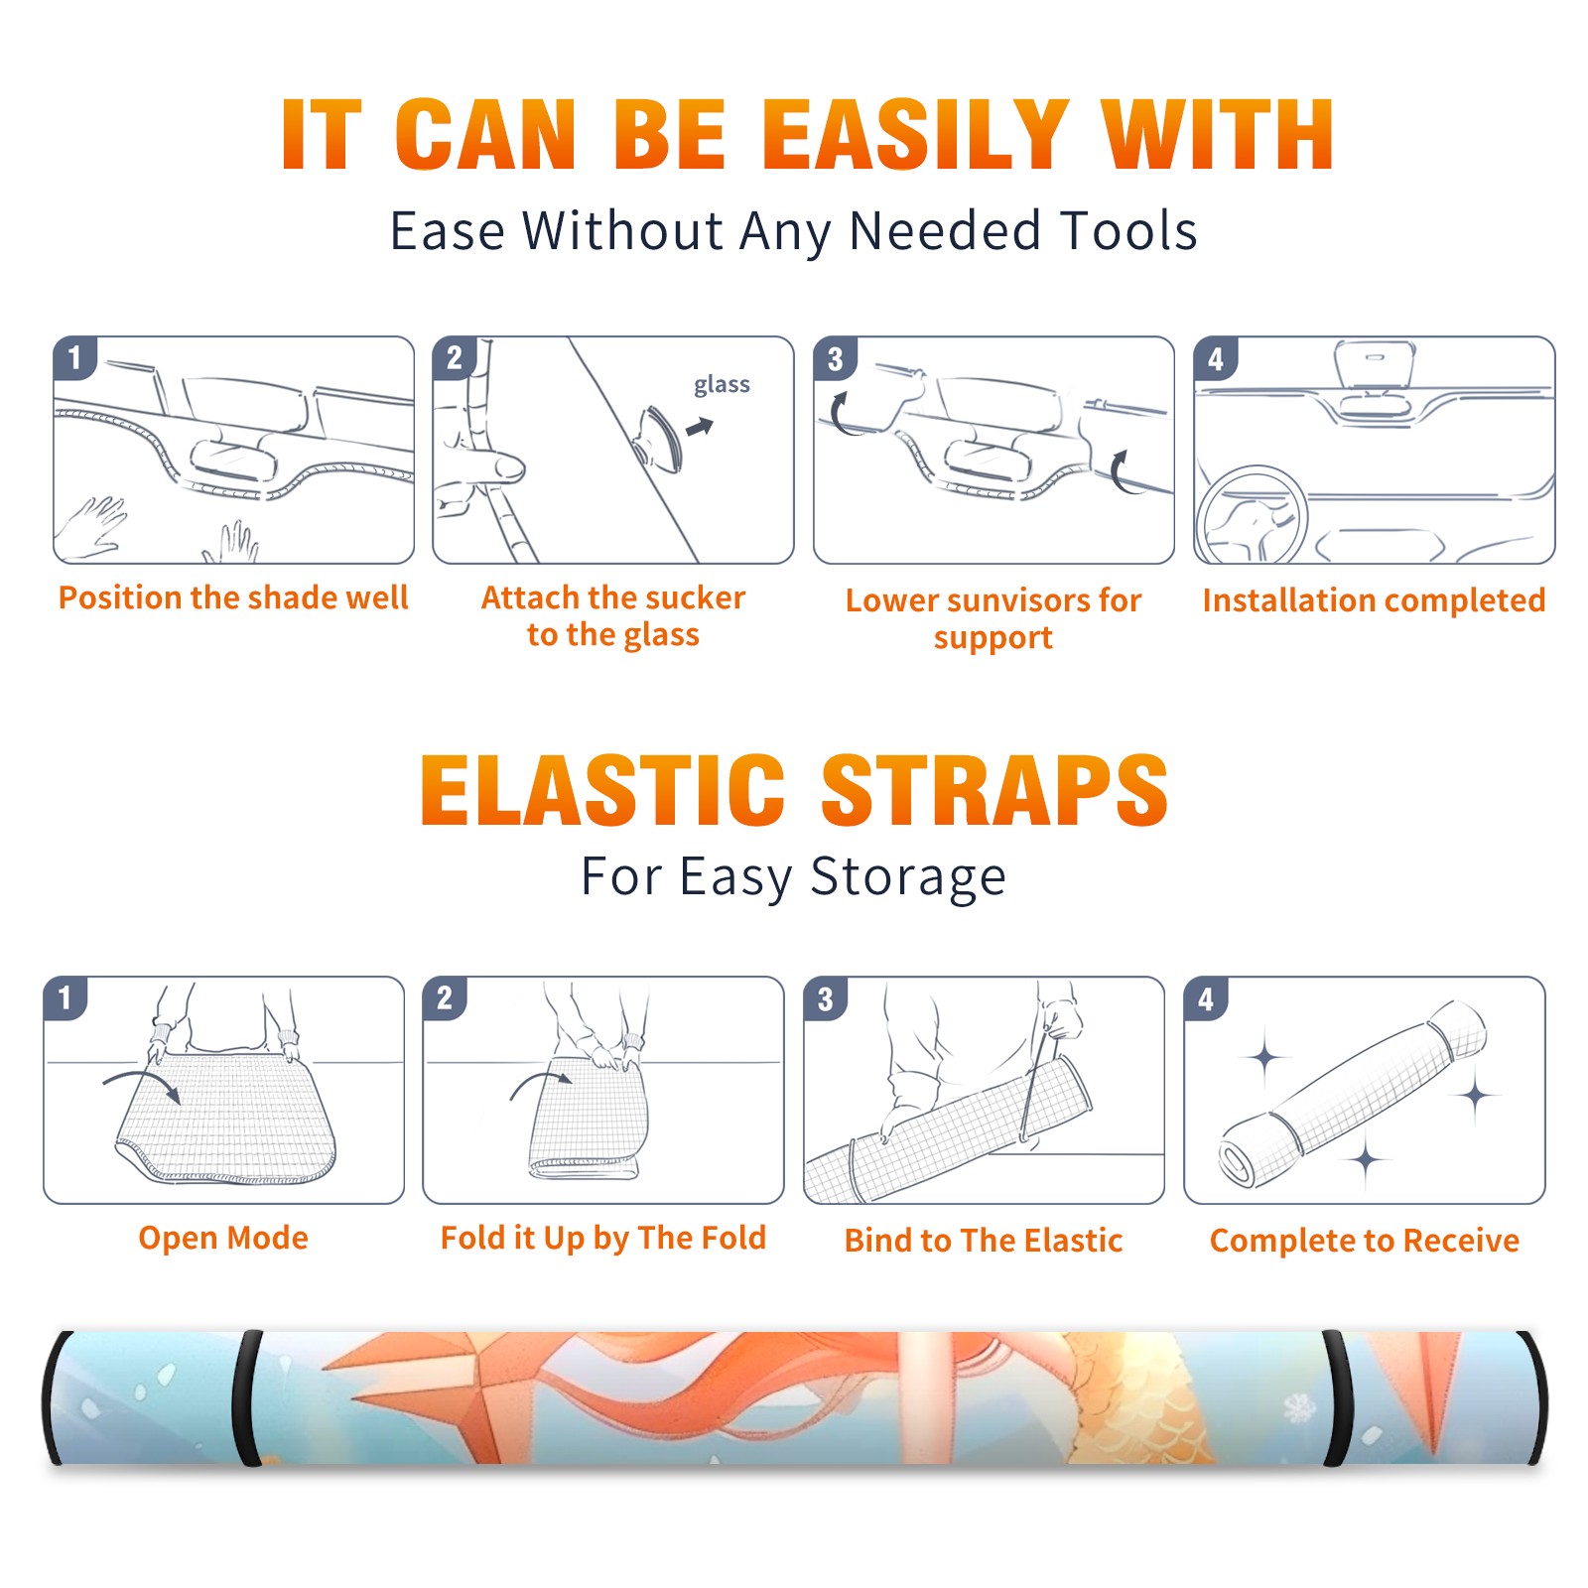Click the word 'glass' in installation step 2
tap(722, 385)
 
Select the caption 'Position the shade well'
tap(233, 597)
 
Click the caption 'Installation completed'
tap(1374, 599)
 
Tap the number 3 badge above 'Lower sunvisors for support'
tap(835, 358)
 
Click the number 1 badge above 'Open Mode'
tap(66, 997)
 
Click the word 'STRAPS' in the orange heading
tap(994, 790)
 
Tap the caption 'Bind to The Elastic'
tap(984, 1240)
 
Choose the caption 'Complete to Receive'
tap(1365, 1240)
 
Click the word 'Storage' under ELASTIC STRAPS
tap(908, 877)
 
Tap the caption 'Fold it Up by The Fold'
tap(603, 1238)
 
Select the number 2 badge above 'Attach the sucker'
tap(455, 358)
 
